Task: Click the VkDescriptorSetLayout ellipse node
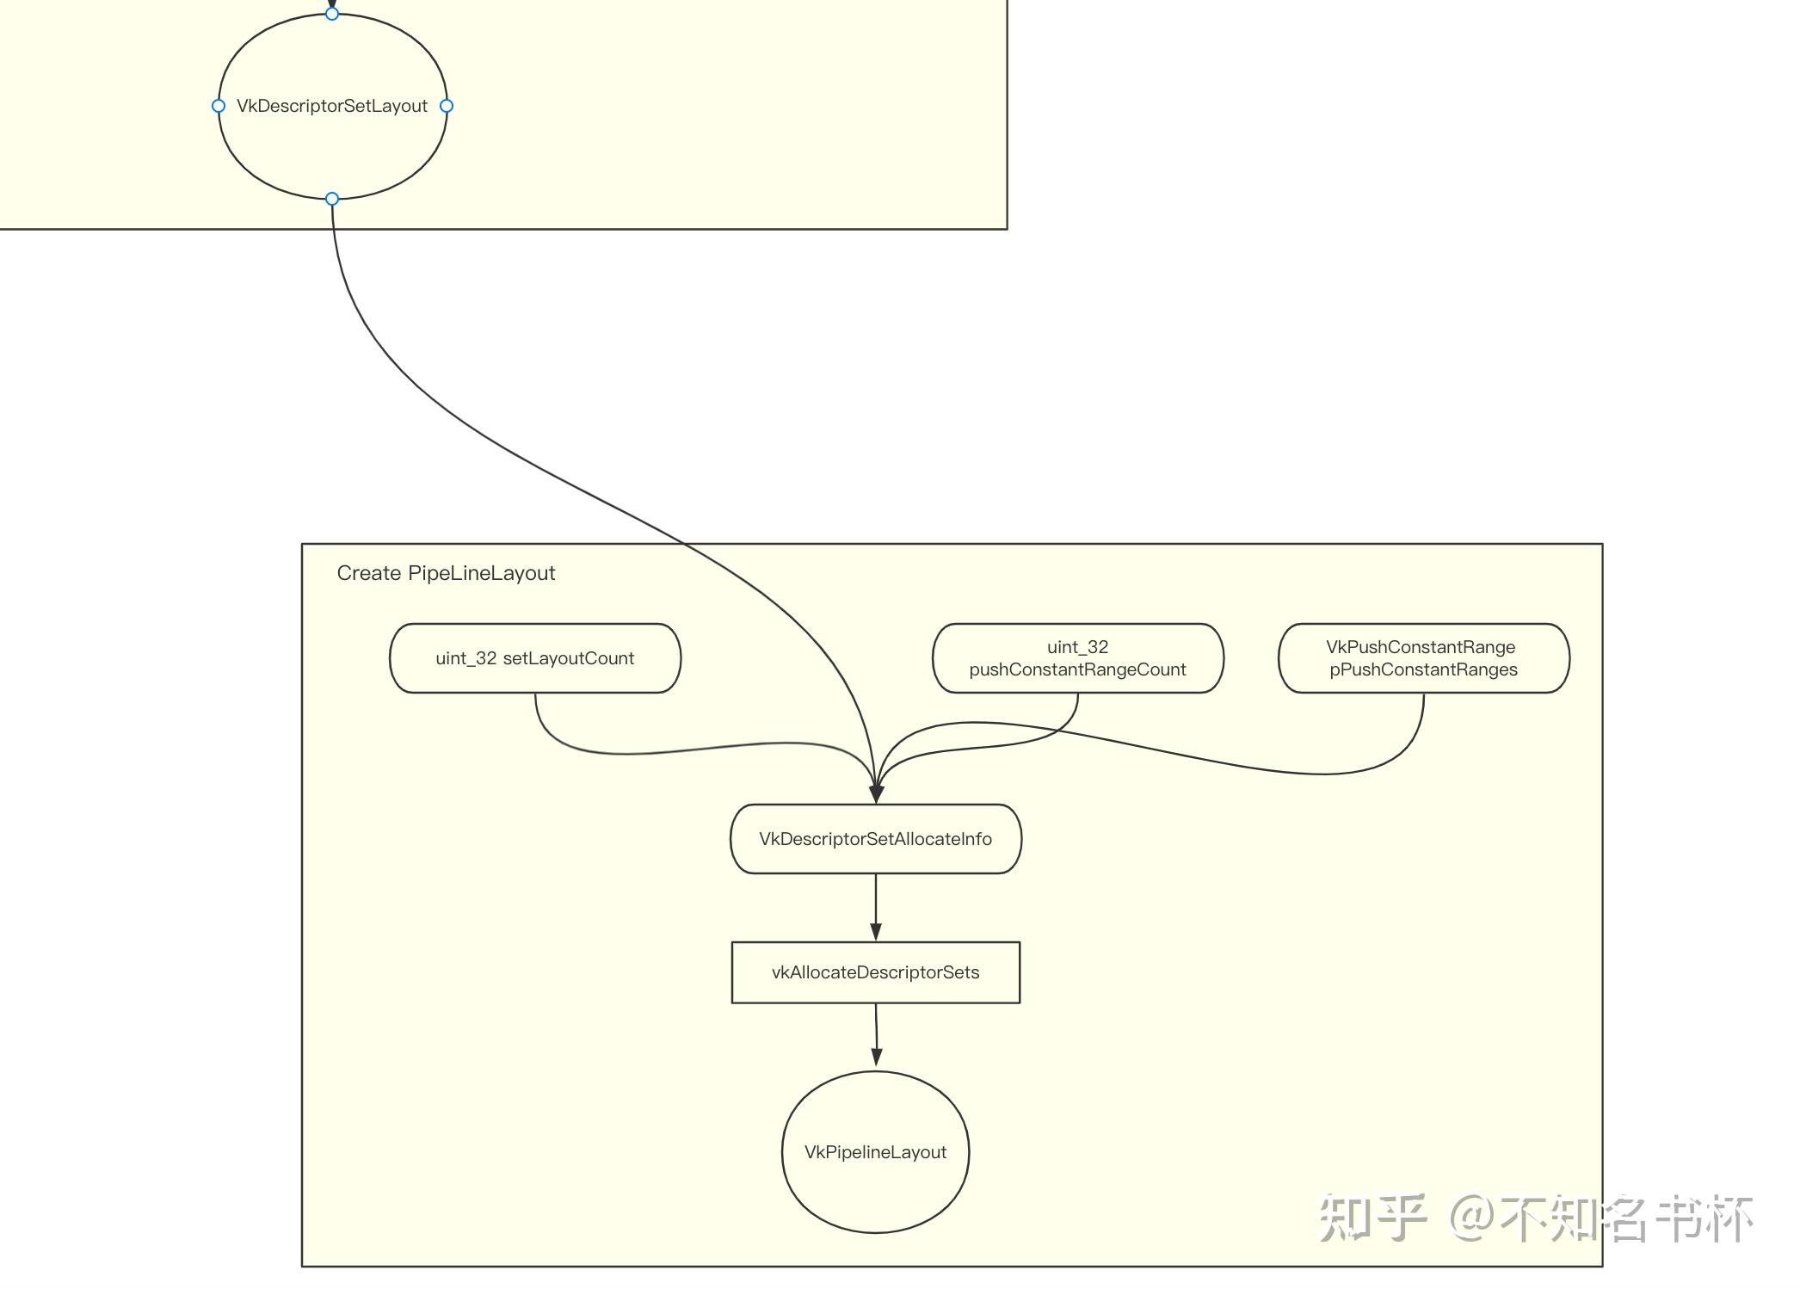point(332,138)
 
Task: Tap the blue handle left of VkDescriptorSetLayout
point(219,106)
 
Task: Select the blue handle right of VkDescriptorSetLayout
point(447,106)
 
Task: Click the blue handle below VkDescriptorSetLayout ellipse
point(332,199)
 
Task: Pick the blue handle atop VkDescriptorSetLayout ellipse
point(332,14)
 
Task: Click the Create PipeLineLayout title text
point(446,573)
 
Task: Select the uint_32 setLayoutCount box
point(535,658)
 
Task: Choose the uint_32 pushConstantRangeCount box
point(1077,658)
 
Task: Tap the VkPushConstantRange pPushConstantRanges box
point(1423,658)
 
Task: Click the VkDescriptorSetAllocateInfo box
point(875,839)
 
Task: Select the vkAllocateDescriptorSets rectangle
point(875,972)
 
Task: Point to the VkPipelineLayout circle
point(875,1152)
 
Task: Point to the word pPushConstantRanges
point(1423,669)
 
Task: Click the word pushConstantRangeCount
point(1077,669)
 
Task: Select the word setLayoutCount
point(568,658)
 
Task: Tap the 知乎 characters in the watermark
point(1372,1218)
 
